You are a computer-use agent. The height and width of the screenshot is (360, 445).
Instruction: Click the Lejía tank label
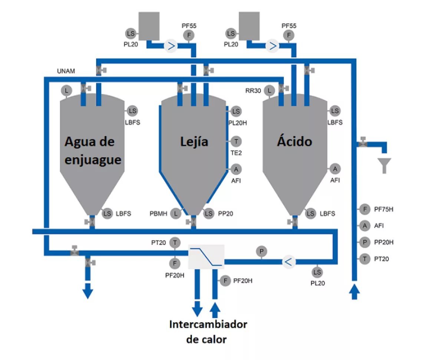coord(194,142)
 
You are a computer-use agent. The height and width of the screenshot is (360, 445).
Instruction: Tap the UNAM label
coord(66,71)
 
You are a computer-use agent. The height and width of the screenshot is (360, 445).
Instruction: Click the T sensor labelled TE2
coord(236,142)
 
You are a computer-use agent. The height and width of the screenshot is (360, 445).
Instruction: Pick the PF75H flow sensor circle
coord(365,209)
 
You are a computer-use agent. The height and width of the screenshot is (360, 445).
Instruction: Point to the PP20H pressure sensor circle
coord(365,242)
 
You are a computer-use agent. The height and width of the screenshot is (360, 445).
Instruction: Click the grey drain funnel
coord(384,166)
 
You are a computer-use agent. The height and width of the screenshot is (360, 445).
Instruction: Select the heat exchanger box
coord(206,257)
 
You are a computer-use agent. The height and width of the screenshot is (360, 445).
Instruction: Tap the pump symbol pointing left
coord(289,262)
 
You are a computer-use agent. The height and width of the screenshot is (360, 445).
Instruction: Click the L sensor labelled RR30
coord(269,91)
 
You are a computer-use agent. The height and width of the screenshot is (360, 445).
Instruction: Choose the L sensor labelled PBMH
coord(175,214)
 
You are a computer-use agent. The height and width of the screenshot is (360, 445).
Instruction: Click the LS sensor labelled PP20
coord(209,214)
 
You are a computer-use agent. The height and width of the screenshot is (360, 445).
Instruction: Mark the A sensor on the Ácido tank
coord(335,169)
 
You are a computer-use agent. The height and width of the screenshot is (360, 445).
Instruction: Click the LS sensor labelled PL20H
coord(236,111)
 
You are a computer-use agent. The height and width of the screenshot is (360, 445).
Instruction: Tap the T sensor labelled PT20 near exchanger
coord(175,242)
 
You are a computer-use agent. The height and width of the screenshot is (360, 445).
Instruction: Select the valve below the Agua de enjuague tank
coord(90,222)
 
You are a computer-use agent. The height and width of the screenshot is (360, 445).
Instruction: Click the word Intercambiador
coord(208,324)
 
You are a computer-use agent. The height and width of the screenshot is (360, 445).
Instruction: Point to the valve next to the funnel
coord(363,142)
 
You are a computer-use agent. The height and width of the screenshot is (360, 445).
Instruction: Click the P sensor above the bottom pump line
coord(261,252)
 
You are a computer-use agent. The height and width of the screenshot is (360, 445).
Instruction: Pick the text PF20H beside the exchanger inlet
coord(243,281)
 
